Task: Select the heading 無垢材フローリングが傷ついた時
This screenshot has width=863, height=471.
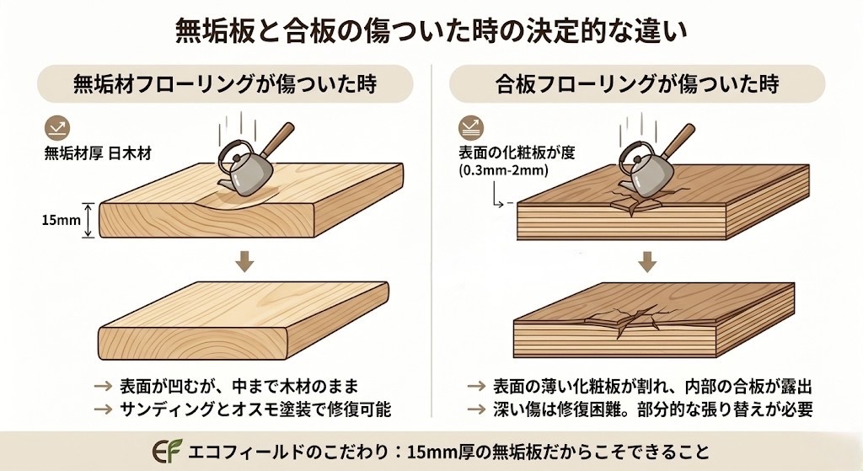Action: pos(224,84)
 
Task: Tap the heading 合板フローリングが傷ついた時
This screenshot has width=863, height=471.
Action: pos(637,84)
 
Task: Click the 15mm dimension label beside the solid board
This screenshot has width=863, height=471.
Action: pos(61,221)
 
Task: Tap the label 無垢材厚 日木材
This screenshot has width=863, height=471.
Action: pos(98,153)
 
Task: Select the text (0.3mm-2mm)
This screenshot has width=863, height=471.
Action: pos(503,170)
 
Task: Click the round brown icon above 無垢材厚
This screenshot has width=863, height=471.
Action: pos(56,129)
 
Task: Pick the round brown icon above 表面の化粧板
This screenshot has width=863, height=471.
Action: pos(470,128)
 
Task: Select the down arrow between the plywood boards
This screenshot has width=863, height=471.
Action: pos(647,261)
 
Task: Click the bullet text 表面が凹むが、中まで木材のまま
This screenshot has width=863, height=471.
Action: pos(239,386)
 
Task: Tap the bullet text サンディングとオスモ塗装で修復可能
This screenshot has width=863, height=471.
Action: pos(255,409)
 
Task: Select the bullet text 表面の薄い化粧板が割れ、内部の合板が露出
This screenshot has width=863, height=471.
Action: pos(653,386)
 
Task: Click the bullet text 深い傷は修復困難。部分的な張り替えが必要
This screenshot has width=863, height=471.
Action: pos(653,409)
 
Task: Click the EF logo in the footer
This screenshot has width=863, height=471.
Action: pos(167,451)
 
